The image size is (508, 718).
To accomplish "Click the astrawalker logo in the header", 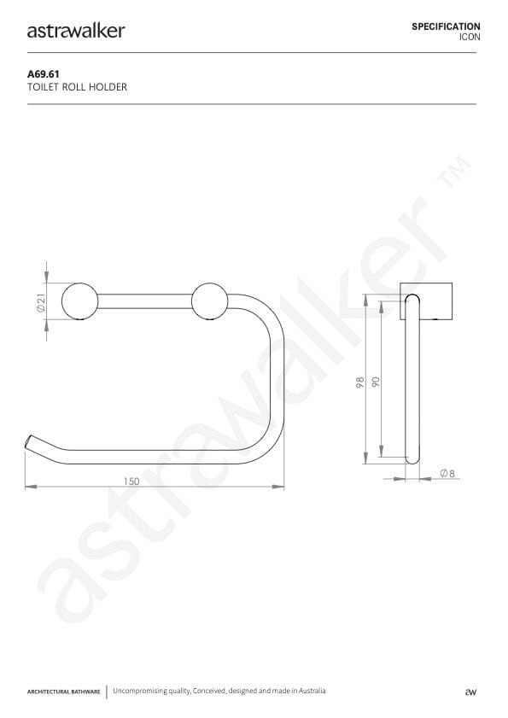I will point(76,31).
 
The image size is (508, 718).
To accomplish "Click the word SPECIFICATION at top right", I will point(446,26).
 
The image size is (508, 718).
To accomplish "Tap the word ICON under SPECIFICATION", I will point(470,38).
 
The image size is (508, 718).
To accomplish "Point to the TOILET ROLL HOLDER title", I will point(78,87).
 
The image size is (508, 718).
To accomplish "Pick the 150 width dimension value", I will point(131,482).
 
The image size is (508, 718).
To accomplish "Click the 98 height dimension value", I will point(361,382).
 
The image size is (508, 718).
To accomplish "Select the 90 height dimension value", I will point(376,382).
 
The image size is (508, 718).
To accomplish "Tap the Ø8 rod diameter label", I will point(446,473).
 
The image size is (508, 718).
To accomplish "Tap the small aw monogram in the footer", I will point(469,692).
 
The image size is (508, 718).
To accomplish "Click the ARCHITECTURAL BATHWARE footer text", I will point(64,692).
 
